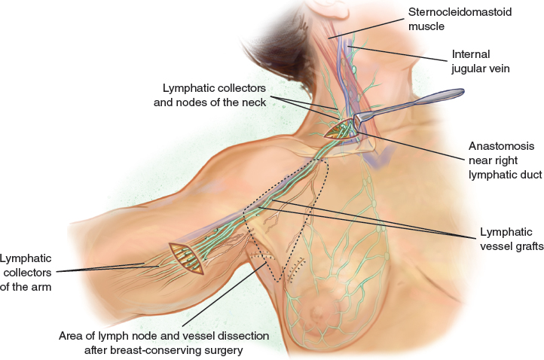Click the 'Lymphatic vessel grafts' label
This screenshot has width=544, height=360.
[511, 239]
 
